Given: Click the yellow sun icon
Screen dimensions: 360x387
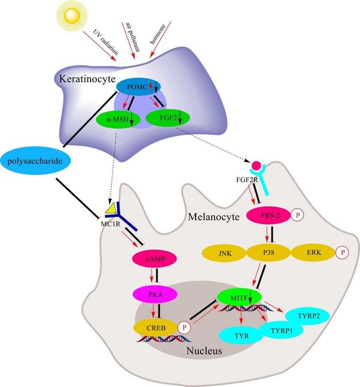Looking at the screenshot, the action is point(72,15).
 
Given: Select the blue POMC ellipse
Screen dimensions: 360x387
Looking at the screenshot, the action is point(138,87).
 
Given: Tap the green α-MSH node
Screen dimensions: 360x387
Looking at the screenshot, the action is point(118,119).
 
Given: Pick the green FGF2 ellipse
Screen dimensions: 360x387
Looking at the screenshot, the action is point(168,118).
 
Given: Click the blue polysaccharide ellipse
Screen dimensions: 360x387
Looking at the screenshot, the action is point(35,161).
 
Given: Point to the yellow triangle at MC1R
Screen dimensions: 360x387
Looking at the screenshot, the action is point(111,208).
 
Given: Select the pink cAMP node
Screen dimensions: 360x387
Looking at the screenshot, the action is point(155,259).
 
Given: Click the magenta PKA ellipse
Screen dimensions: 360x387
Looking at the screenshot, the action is point(155,295).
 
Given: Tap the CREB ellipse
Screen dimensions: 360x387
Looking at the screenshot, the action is point(156,328).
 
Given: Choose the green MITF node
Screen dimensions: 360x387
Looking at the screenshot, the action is point(239,297).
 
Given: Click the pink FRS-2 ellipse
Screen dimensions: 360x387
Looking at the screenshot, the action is point(269,216).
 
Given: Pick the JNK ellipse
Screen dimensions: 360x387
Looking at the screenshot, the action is point(225,253).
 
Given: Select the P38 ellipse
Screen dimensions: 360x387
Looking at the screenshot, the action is point(269,253).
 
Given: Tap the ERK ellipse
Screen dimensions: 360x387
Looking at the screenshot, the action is point(314,253).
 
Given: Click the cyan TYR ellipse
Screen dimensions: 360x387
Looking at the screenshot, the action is point(241,336).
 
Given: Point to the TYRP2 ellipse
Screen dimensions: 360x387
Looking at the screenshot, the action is point(308,316).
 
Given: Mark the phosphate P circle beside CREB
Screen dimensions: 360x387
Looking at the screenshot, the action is point(185,328).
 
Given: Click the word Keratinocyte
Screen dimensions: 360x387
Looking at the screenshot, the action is point(87,79).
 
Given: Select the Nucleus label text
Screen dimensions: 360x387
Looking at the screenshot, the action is point(204,351).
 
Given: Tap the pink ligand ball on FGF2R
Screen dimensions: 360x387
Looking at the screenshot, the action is point(256,166).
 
